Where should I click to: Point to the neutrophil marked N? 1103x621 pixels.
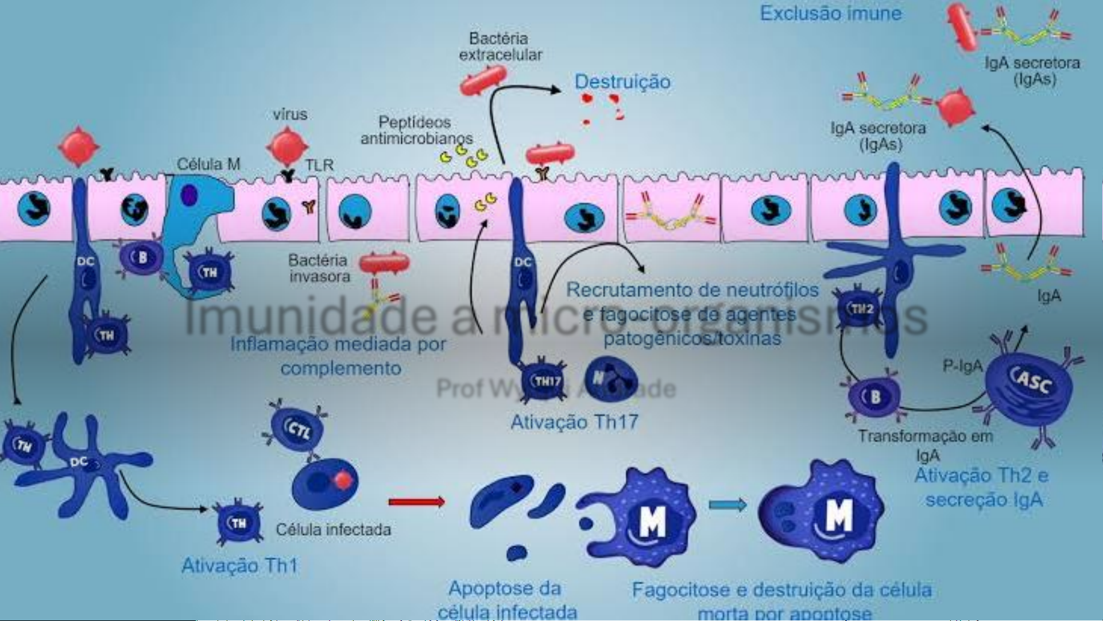tap(611, 378)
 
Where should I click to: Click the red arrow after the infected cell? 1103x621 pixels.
tap(416, 502)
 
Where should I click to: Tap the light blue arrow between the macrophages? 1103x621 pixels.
tap(727, 505)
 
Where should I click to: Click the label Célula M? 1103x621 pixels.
tap(208, 164)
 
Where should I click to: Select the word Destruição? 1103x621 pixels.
tap(622, 82)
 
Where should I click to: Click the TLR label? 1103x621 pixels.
tap(319, 165)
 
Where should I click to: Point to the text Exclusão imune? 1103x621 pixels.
tap(830, 13)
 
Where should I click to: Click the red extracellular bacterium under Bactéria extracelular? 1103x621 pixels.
tap(483, 80)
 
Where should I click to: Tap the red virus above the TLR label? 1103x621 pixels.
tap(287, 145)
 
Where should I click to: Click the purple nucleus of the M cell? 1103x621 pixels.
tap(188, 195)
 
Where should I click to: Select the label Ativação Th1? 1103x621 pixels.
tap(239, 566)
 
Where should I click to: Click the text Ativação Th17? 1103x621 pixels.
tap(574, 422)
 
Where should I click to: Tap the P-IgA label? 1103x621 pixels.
tap(962, 366)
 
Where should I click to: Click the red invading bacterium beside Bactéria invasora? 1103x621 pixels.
tap(384, 264)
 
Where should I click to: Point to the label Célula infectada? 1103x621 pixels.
tap(333, 530)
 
